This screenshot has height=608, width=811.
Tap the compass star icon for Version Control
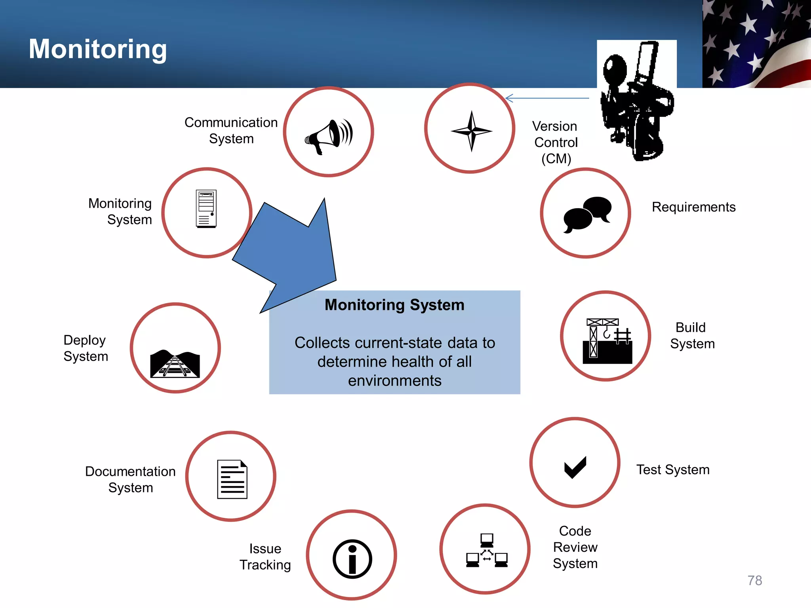click(471, 131)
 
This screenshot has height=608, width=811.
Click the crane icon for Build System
click(607, 341)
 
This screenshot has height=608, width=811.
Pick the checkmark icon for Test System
click(575, 467)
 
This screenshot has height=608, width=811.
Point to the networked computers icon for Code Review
click(487, 551)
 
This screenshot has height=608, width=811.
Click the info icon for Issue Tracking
click(352, 559)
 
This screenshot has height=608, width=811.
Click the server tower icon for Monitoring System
click(206, 209)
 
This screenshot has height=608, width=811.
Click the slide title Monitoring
click(98, 49)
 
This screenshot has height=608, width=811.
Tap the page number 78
click(754, 580)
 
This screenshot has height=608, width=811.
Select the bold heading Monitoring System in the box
click(394, 305)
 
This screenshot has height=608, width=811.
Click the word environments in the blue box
click(395, 381)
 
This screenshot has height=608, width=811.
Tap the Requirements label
click(693, 207)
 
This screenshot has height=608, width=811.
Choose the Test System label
click(673, 470)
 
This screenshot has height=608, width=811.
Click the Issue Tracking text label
click(265, 557)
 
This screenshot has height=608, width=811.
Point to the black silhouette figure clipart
click(636, 103)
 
